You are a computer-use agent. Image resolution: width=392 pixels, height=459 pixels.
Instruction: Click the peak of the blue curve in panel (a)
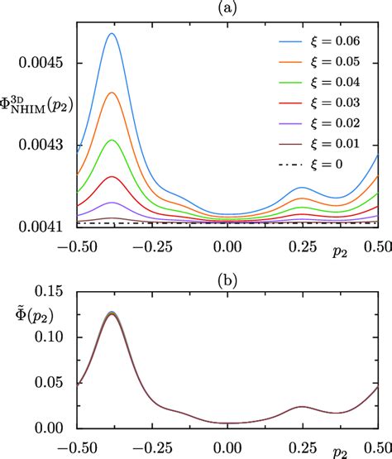click(113, 34)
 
